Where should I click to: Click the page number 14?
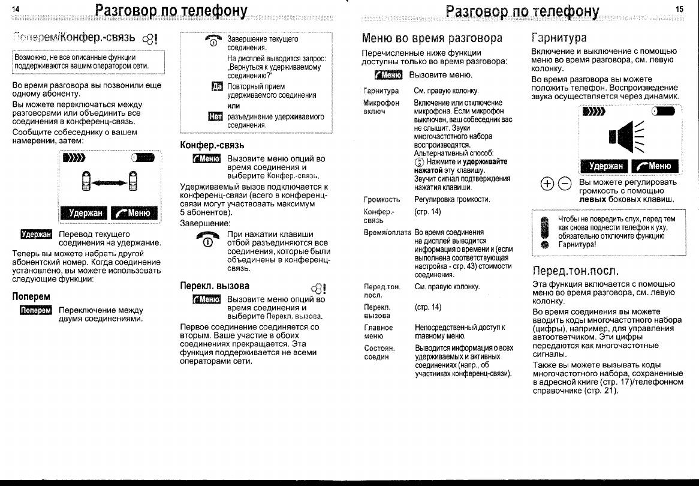(15, 9)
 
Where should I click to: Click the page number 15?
(679, 8)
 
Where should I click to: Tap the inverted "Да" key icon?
(217, 87)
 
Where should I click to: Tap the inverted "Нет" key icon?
(215, 116)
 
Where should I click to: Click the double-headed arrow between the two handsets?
(109, 182)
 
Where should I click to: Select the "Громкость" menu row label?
(381, 200)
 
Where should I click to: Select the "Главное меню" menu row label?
(378, 332)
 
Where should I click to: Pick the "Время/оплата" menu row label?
(387, 232)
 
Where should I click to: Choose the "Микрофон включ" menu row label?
(381, 107)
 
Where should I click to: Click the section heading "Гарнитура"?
(559, 38)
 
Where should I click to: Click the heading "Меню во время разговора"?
(432, 38)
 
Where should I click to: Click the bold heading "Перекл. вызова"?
(215, 286)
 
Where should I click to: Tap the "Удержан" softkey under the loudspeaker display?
(605, 166)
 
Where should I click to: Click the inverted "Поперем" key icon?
(36, 310)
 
